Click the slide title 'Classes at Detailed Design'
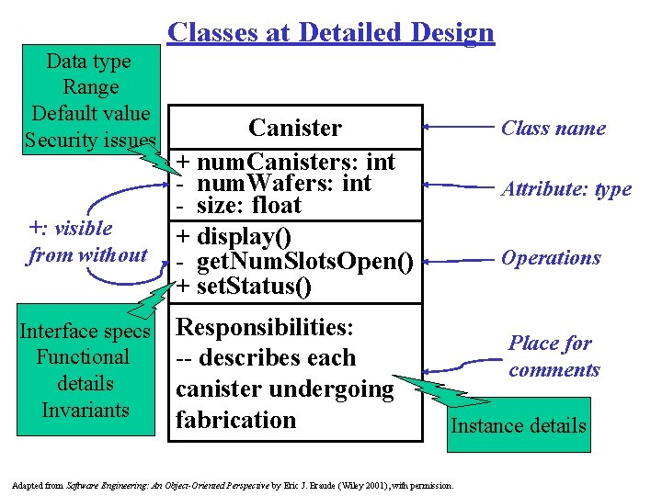tap(331, 33)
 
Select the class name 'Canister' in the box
tap(295, 128)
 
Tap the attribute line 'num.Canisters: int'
tap(294, 162)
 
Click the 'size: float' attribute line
tap(248, 204)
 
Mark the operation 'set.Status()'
tap(244, 286)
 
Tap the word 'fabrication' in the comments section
tap(236, 420)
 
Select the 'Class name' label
tap(553, 128)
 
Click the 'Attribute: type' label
tap(565, 189)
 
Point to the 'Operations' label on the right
tap(551, 258)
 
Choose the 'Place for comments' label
tap(554, 356)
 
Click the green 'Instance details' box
tap(518, 425)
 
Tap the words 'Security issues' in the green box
tap(90, 141)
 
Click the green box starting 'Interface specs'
tap(86, 370)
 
